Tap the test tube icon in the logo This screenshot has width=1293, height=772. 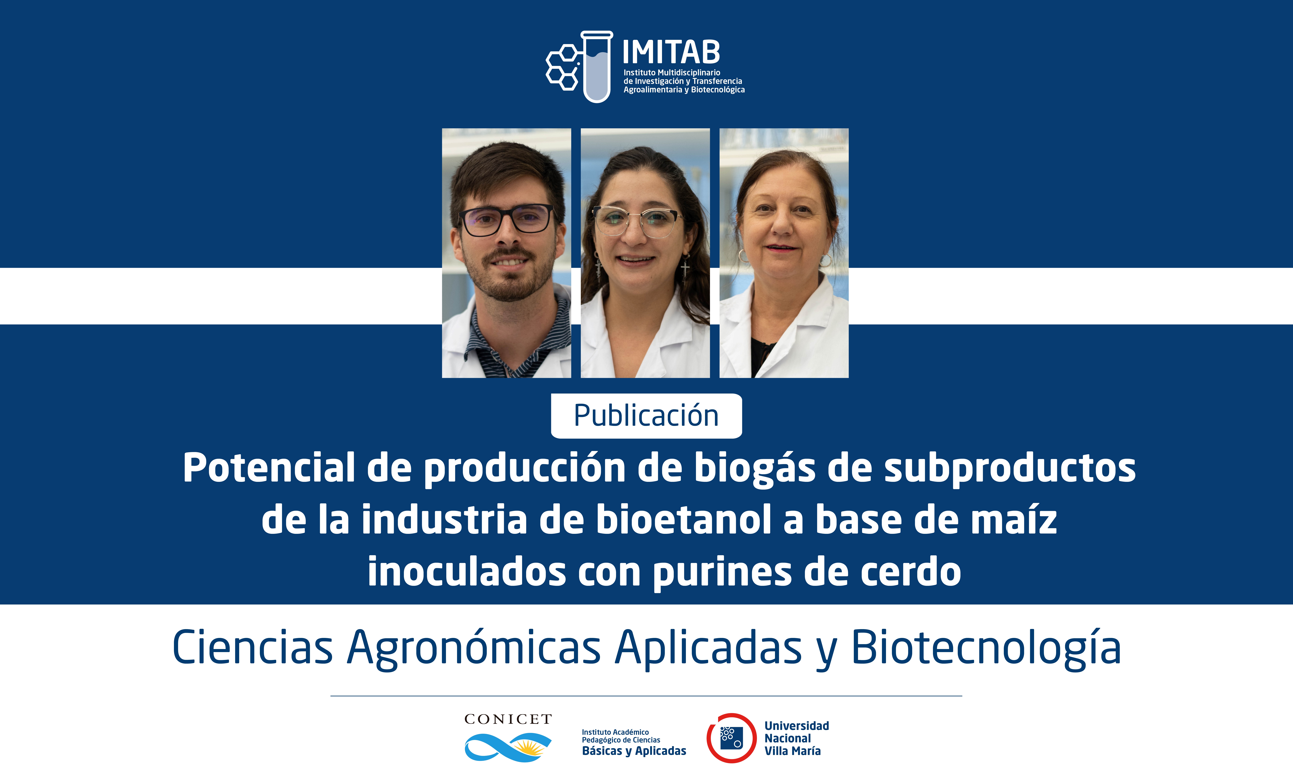coord(597,67)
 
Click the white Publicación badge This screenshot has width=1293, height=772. coord(646,416)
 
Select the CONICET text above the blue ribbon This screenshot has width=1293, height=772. coord(508,719)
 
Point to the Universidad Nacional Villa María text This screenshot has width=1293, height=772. coord(797,738)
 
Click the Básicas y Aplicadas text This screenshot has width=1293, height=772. coord(634,751)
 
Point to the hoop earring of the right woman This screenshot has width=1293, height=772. coord(825,260)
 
